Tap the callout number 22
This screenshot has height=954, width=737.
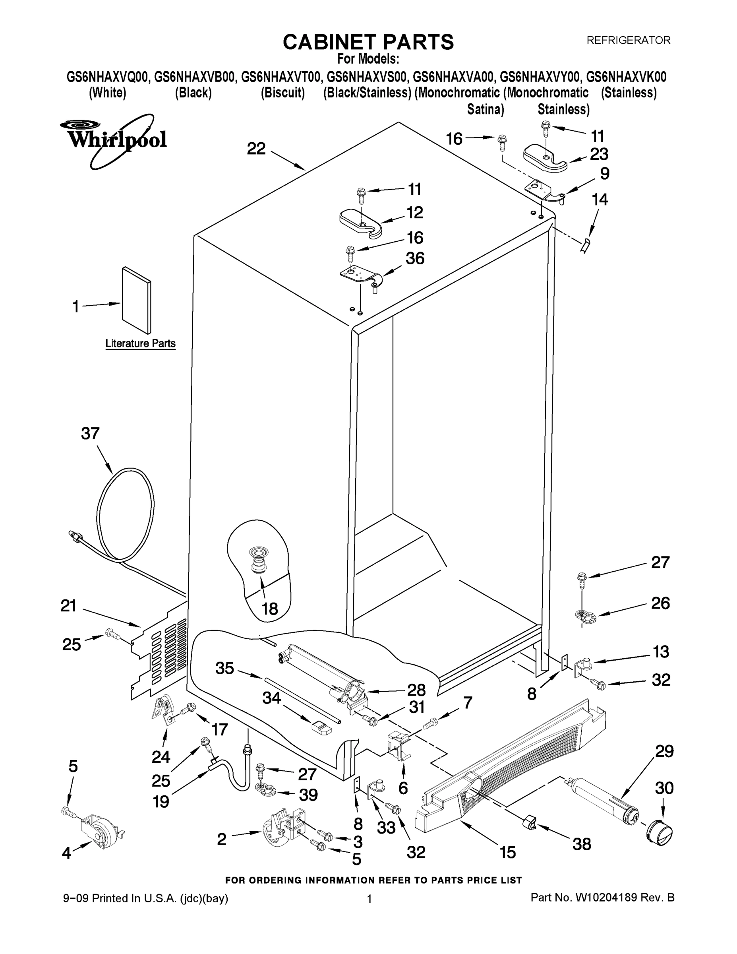click(x=256, y=149)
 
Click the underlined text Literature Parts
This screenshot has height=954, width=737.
click(x=140, y=343)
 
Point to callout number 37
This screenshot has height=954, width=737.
click(x=90, y=434)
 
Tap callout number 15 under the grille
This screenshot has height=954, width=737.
click(x=507, y=852)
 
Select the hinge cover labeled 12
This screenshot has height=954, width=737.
click(x=361, y=222)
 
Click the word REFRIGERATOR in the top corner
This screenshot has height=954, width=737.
click(x=628, y=40)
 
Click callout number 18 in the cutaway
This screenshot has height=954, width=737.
click(x=270, y=608)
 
